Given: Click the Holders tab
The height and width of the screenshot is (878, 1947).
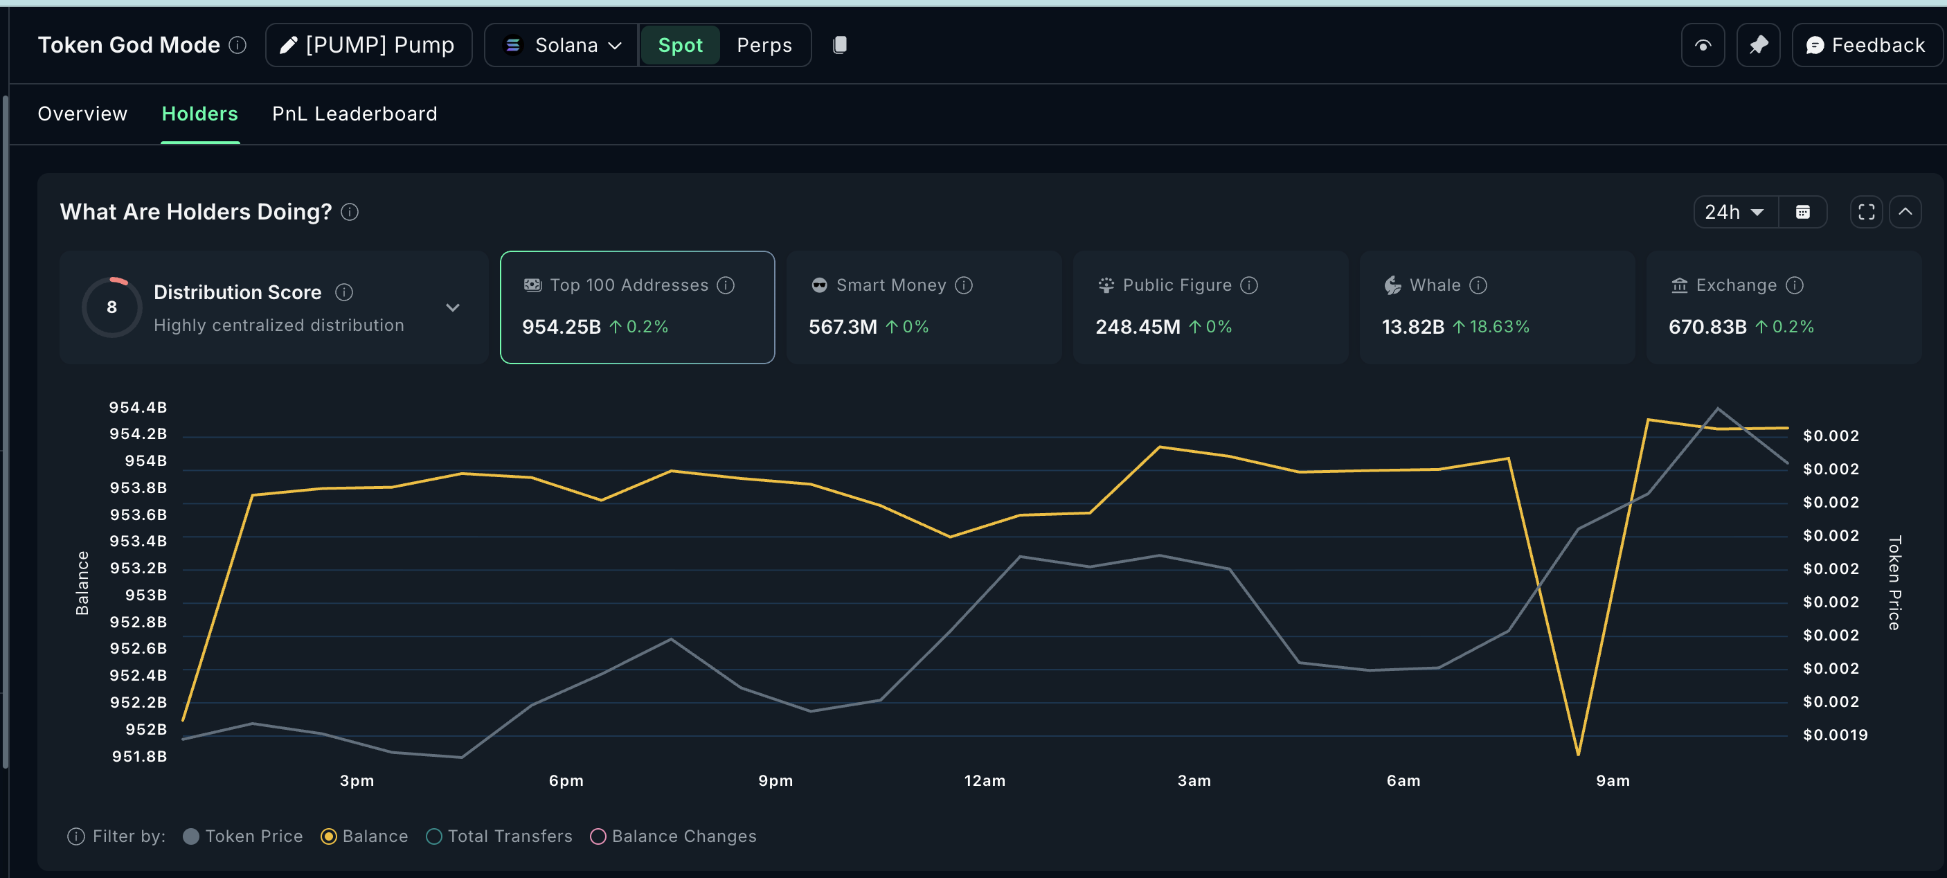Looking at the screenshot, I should [x=199, y=114].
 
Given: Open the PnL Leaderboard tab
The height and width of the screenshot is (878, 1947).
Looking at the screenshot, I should [x=355, y=114].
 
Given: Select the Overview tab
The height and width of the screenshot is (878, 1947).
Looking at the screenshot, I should [x=82, y=114].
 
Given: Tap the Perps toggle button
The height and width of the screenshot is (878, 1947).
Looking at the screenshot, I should [x=764, y=45].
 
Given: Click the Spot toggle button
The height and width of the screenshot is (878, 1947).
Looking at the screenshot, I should [x=679, y=45].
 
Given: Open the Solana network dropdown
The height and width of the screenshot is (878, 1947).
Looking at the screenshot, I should [x=563, y=45].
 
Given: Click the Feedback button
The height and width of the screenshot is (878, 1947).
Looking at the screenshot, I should [x=1865, y=45].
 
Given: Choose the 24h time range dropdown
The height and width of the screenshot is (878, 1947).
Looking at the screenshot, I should [x=1734, y=213].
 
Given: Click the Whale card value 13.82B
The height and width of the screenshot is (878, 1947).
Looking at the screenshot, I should [x=1412, y=326].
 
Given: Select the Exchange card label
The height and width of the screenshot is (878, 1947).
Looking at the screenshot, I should [x=1736, y=285].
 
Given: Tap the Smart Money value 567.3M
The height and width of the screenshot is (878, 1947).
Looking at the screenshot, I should [x=843, y=326].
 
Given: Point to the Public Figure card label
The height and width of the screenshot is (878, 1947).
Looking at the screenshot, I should [x=1177, y=285].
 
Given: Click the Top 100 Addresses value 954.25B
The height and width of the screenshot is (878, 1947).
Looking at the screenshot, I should [x=561, y=326].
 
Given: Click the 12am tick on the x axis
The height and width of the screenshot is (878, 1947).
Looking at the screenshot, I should [x=984, y=780].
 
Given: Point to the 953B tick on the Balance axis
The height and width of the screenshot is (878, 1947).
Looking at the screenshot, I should [x=145, y=595].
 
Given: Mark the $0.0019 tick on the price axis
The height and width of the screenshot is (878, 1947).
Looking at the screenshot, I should [x=1834, y=735].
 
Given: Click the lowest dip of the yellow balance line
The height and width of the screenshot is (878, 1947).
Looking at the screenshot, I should [x=1578, y=753].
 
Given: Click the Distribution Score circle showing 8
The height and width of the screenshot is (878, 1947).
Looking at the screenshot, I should [x=112, y=307].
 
